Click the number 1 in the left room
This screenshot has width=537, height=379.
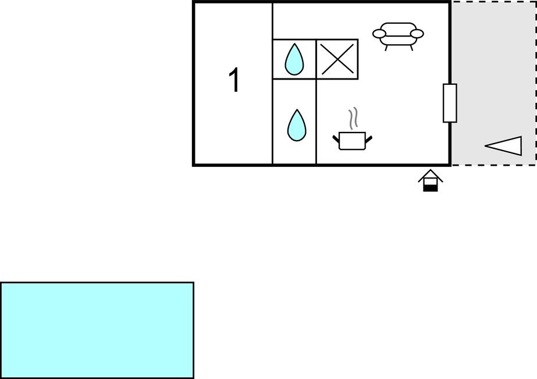(234, 80)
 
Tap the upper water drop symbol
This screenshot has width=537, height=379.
(294, 60)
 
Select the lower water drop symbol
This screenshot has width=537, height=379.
(296, 126)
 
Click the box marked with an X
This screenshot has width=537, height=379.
(337, 59)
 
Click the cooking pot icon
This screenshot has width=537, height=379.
(352, 141)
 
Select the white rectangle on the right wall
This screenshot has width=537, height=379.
(450, 103)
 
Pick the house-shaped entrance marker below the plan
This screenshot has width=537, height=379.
(430, 181)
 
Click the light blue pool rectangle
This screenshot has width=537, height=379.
(97, 330)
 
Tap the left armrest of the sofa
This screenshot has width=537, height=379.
(379, 34)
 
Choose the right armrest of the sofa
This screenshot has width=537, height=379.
(417, 34)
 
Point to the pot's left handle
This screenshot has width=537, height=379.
(336, 138)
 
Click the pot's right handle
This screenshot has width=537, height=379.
(368, 138)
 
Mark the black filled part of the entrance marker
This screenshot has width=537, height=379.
(430, 187)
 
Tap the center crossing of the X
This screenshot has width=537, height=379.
(337, 59)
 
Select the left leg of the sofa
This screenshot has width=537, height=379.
(387, 48)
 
